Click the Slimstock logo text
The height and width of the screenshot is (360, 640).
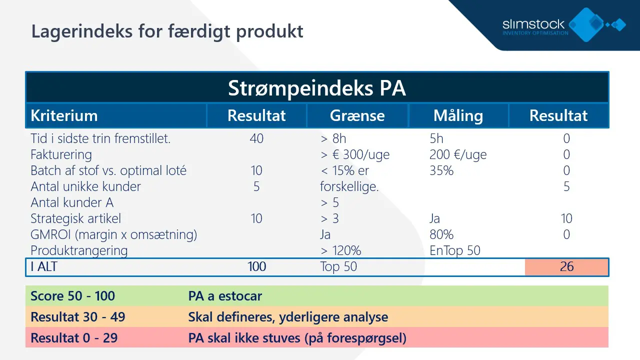[x=533, y=24]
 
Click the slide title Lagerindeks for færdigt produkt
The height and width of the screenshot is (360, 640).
[x=167, y=31]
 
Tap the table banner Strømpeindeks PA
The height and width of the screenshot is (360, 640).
[x=317, y=88]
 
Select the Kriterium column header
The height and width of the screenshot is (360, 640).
[x=64, y=115]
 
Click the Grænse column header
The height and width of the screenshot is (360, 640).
[x=357, y=115]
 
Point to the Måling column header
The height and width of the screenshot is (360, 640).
[x=458, y=115]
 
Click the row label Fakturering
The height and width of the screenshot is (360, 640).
[x=61, y=154]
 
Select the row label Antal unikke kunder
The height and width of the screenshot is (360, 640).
[x=85, y=186]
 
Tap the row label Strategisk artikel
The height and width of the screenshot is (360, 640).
[x=75, y=218]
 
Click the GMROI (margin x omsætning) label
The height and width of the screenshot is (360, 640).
[x=113, y=234]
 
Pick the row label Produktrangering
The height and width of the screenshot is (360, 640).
[x=79, y=250]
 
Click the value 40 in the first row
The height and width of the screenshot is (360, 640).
[x=256, y=138]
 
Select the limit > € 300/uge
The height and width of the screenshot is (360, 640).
[x=355, y=154]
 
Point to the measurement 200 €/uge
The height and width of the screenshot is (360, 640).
[x=458, y=154]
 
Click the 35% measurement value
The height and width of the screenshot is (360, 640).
[x=441, y=170]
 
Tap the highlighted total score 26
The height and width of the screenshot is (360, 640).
[x=566, y=266]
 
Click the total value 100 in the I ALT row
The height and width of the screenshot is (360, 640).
[x=256, y=266]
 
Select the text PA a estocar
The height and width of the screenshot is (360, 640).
[x=225, y=296]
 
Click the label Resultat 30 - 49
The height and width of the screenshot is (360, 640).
[x=77, y=317]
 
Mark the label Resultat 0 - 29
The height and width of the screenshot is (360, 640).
[x=74, y=338]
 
